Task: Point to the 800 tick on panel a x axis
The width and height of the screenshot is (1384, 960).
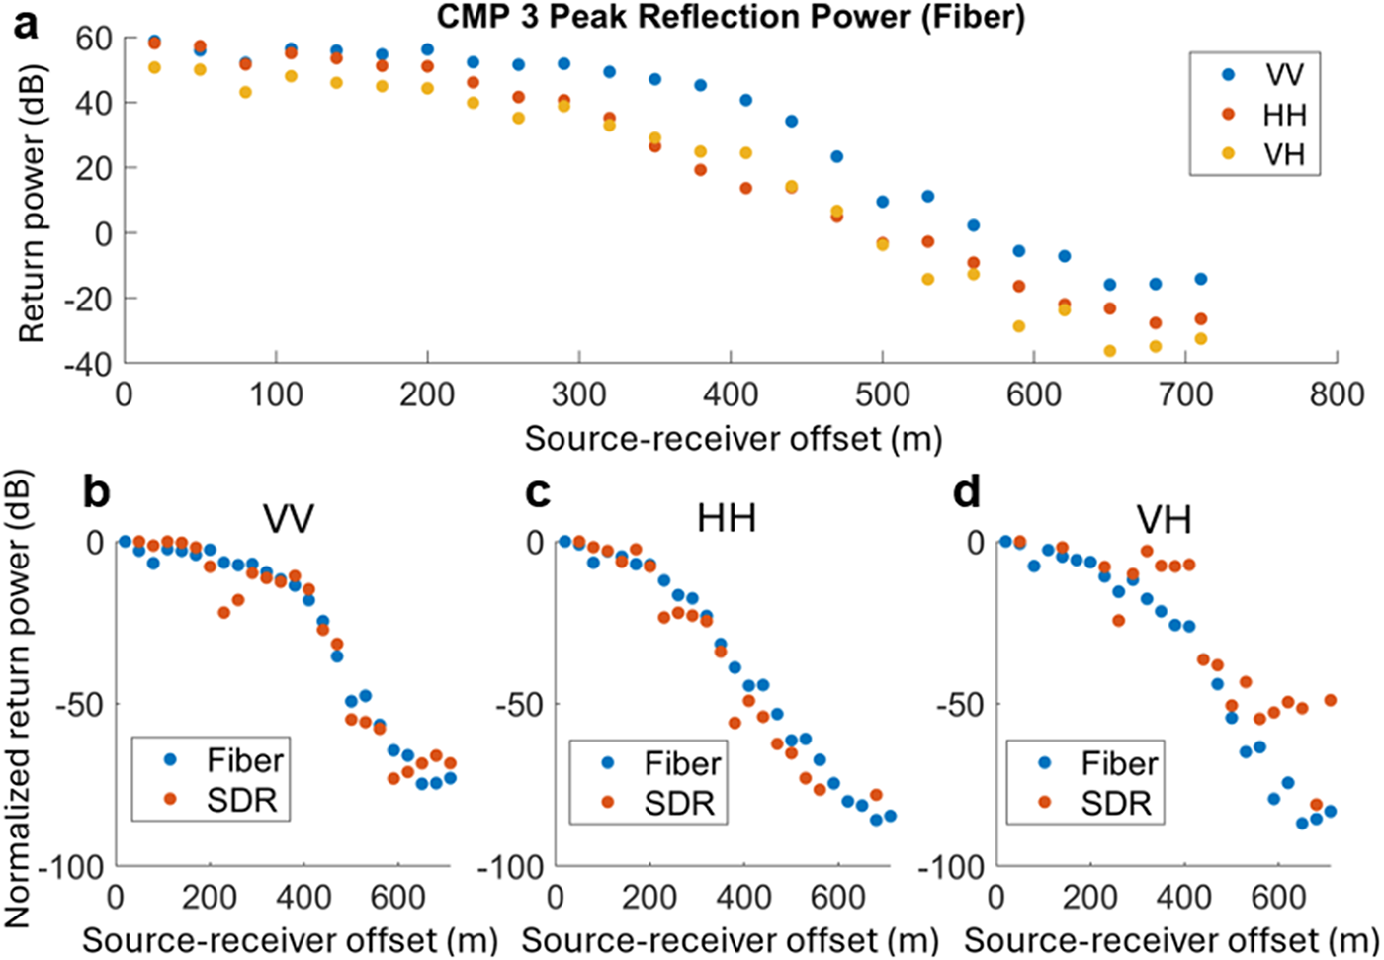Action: [x=1337, y=394]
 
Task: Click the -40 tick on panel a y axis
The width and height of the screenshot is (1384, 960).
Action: [x=88, y=364]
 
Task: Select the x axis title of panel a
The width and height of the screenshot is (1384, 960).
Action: [x=732, y=437]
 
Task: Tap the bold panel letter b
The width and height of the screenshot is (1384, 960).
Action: [x=96, y=491]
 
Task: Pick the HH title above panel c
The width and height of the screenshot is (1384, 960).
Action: [x=727, y=518]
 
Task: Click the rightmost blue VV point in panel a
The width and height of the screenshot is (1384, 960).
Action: [x=1200, y=279]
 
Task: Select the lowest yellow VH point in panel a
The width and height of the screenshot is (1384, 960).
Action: [x=1109, y=351]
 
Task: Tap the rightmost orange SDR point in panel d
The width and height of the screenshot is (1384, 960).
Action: [x=1330, y=700]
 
